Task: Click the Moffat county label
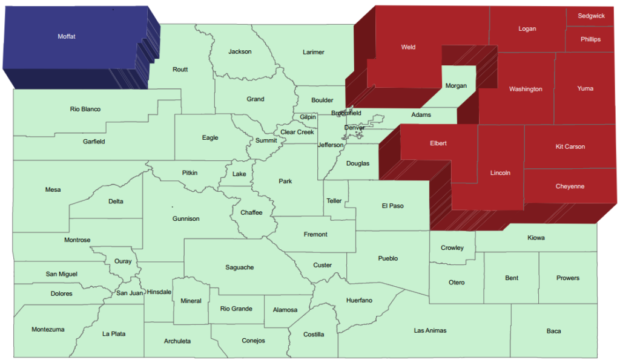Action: coord(67,37)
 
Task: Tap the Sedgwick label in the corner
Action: coord(591,16)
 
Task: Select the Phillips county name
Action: coord(590,39)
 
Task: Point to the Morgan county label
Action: coord(456,86)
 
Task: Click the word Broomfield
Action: coord(346,113)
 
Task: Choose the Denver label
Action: coord(355,128)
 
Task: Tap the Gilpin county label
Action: coord(308,117)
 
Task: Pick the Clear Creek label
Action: coord(297,132)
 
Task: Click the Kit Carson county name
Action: coord(570,146)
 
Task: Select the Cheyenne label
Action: coord(570,186)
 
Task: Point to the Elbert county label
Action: coord(438,143)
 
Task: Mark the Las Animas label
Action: coord(430,330)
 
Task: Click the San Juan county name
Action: coord(130,293)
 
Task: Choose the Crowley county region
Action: coord(452,247)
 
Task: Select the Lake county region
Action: coord(240,174)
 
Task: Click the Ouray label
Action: coord(123,261)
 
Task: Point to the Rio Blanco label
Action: coord(85,110)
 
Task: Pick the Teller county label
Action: coord(334,201)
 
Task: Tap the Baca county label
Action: coord(553,331)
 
